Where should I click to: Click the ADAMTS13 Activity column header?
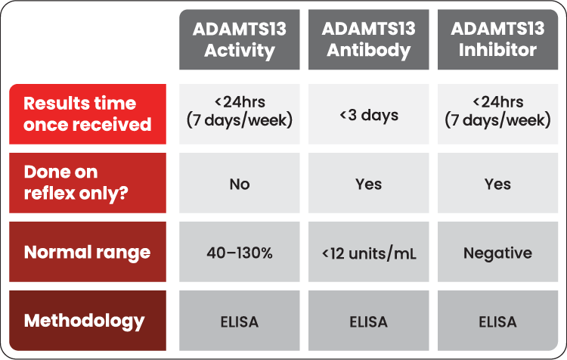pyautogui.click(x=240, y=39)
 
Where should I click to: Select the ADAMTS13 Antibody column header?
pyautogui.click(x=368, y=39)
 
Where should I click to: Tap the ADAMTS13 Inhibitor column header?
pyautogui.click(x=497, y=39)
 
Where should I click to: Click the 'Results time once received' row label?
pyautogui.click(x=88, y=114)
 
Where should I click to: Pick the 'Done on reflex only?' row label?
pyautogui.click(x=88, y=182)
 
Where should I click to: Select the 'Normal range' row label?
pyautogui.click(x=88, y=252)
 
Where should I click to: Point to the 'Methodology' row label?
pyautogui.click(x=88, y=321)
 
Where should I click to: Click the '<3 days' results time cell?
pyautogui.click(x=368, y=115)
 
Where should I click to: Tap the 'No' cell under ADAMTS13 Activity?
pyautogui.click(x=240, y=184)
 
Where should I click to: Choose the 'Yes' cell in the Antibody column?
pyautogui.click(x=368, y=184)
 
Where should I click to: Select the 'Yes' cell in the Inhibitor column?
pyautogui.click(x=497, y=184)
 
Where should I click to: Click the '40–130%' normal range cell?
pyautogui.click(x=240, y=253)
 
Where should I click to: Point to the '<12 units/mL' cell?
pyautogui.click(x=368, y=253)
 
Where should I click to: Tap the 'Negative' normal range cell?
pyautogui.click(x=497, y=253)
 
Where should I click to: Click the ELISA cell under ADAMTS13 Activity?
pyautogui.click(x=240, y=321)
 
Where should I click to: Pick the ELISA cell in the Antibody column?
pyautogui.click(x=368, y=321)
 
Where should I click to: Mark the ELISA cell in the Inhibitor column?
pyautogui.click(x=497, y=321)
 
